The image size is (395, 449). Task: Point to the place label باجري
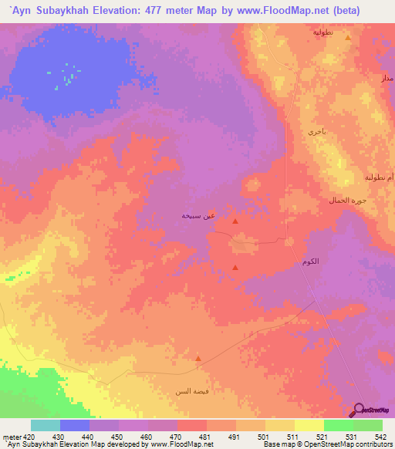point(318,132)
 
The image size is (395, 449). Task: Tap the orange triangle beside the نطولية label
point(348,37)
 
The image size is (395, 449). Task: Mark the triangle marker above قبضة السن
point(198,359)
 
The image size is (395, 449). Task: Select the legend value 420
point(29,437)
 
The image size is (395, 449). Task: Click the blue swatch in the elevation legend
point(75,425)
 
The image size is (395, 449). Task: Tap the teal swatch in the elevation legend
point(46,425)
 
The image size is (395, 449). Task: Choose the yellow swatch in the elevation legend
point(280,425)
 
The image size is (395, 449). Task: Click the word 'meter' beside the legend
point(12,437)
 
